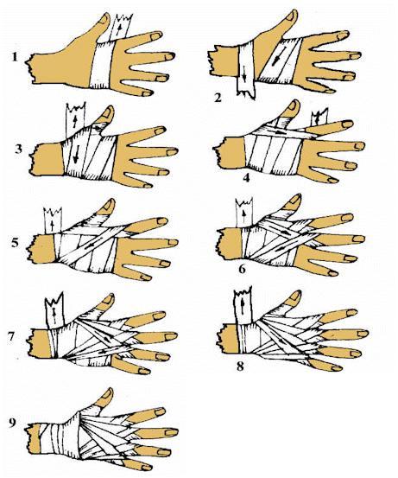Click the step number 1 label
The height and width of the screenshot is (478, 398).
click(x=16, y=57)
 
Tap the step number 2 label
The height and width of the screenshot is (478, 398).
click(x=218, y=98)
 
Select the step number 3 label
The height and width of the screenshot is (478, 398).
click(x=19, y=150)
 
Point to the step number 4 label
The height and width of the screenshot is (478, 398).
click(x=246, y=177)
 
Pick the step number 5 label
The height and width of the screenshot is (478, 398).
click(x=16, y=244)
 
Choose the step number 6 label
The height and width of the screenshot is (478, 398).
click(x=242, y=269)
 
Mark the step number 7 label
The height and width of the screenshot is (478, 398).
click(x=12, y=337)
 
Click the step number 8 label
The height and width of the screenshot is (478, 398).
click(x=240, y=366)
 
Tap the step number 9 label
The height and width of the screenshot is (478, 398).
click(x=12, y=424)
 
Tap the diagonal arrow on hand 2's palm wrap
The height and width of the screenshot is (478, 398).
click(x=277, y=55)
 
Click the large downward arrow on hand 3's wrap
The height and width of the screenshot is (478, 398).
click(x=76, y=154)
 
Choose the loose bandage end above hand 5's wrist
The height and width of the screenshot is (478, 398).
click(x=53, y=221)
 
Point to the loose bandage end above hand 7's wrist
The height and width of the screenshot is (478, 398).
click(x=54, y=310)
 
